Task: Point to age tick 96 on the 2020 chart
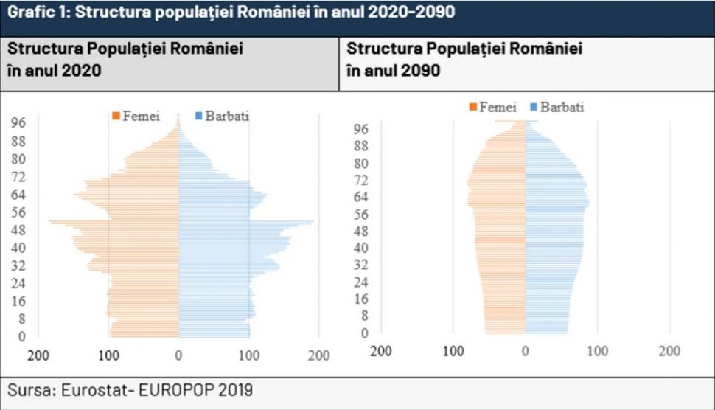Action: click(x=18, y=122)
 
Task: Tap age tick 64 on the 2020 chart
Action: click(x=18, y=195)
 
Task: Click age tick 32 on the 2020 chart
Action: click(x=18, y=265)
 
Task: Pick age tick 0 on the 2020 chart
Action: click(x=22, y=336)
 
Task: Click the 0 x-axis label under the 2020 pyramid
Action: click(x=179, y=355)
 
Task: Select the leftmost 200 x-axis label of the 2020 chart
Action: click(x=38, y=355)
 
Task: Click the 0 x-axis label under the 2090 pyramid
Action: click(x=526, y=350)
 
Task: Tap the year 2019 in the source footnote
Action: click(x=237, y=390)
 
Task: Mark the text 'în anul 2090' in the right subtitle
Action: click(x=394, y=71)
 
